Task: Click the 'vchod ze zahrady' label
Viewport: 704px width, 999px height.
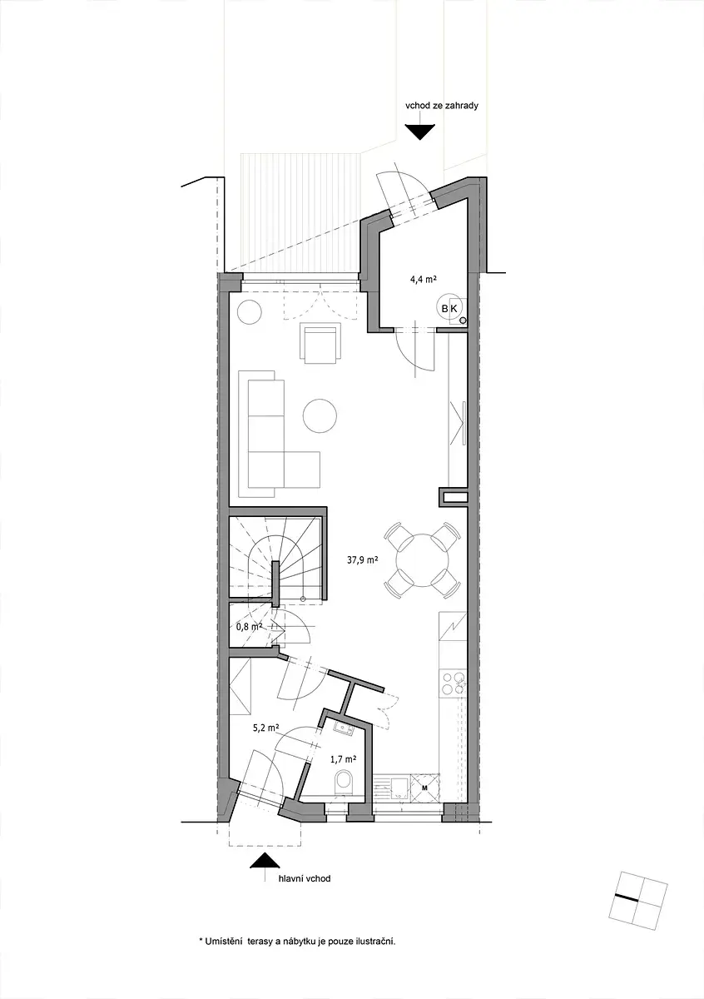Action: coord(441,107)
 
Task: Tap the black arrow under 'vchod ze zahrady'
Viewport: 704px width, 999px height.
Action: coord(419,132)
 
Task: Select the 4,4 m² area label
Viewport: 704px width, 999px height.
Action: coord(423,280)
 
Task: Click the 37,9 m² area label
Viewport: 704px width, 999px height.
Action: coord(363,560)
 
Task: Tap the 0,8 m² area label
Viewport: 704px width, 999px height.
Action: coord(249,627)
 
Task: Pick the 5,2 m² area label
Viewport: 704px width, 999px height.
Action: coord(266,728)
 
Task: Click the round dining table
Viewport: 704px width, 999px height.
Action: coord(421,560)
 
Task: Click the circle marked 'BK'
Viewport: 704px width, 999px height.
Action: coord(449,307)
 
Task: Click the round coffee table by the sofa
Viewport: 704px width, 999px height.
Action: coord(320,415)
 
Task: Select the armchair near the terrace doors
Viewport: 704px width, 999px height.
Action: coord(320,343)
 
